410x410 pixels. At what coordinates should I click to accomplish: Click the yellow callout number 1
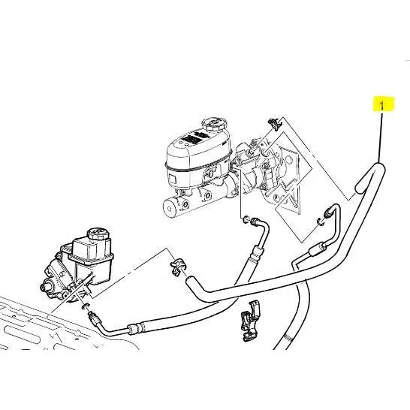pos(383,104)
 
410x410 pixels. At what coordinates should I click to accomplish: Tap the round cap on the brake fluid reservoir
pos(214,124)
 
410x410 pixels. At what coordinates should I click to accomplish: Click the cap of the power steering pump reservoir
pos(98,234)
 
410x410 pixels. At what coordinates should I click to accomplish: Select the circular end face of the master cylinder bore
pos(170,209)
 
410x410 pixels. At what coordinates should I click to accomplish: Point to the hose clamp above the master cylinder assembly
pos(274,124)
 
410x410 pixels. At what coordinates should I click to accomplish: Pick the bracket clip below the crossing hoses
pos(251,321)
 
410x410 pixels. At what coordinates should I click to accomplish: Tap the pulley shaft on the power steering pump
pos(45,286)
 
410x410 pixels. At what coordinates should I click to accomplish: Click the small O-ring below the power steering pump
pos(86,306)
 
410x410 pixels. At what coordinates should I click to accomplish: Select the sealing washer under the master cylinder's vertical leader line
pos(246,219)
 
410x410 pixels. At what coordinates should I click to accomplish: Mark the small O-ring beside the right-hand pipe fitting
pos(320,222)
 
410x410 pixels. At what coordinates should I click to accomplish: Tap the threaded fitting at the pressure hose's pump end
pos(93,317)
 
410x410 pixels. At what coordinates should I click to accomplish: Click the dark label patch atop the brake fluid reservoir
pos(194,138)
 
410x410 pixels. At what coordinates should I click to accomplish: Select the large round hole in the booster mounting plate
pos(288,160)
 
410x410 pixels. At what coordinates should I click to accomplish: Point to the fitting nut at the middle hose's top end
pos(255,222)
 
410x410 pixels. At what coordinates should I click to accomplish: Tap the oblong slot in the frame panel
pos(23,333)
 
